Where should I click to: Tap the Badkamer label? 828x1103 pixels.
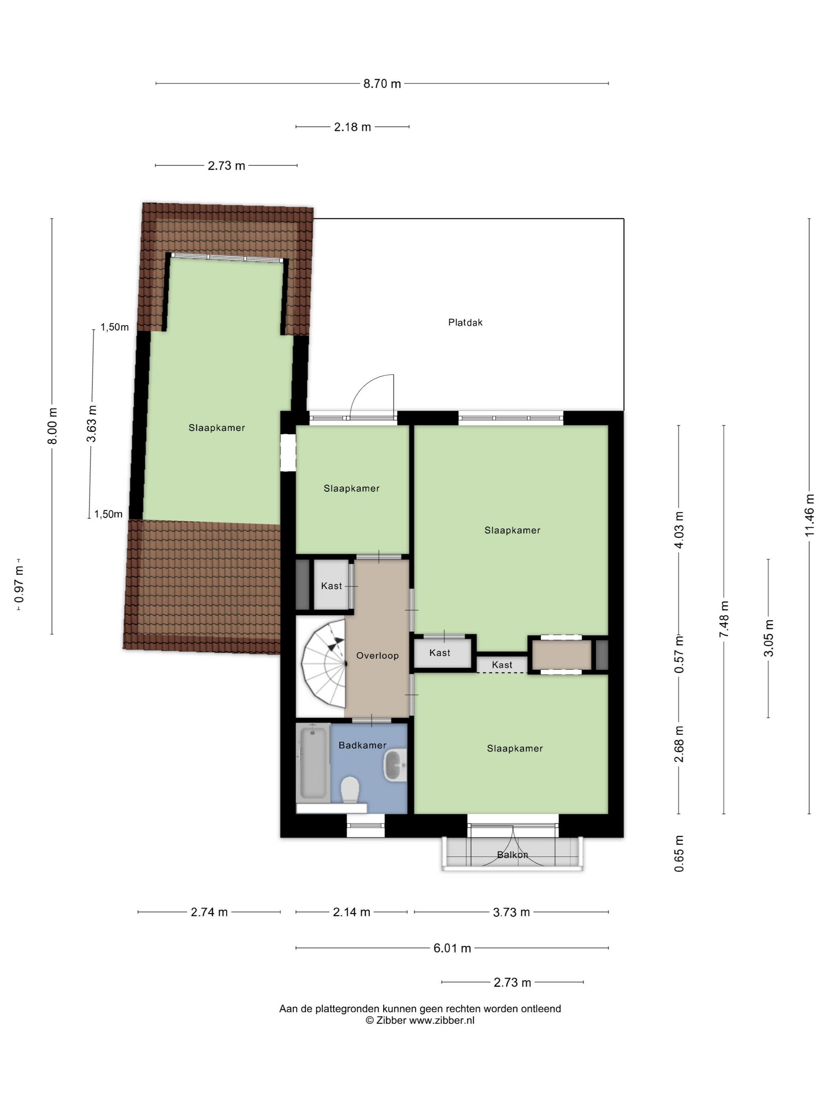tap(362, 745)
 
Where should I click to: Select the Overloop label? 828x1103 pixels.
tap(377, 656)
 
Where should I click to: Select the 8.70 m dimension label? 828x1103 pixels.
tap(382, 84)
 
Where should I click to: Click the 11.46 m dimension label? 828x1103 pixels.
tap(809, 516)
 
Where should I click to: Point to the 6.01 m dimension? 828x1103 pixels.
tap(452, 948)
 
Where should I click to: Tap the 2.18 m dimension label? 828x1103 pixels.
tap(352, 127)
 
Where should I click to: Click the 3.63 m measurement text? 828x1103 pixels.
tap(92, 424)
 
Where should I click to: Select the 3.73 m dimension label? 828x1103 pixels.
tap(511, 912)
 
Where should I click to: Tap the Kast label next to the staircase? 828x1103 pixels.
tap(332, 586)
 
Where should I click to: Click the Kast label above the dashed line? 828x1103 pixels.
tap(502, 665)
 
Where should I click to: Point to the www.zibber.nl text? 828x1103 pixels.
tap(442, 1021)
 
